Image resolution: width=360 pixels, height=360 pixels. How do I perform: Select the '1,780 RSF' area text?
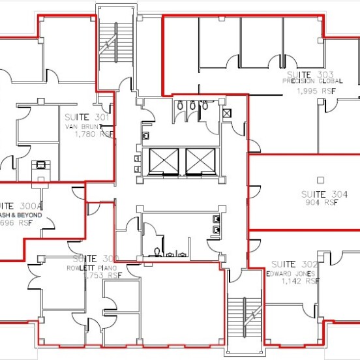tap(93, 134)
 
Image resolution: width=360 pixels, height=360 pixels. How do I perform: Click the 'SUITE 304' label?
tap(324, 194)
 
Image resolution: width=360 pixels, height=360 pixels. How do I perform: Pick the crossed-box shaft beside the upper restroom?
tap(226, 113)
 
